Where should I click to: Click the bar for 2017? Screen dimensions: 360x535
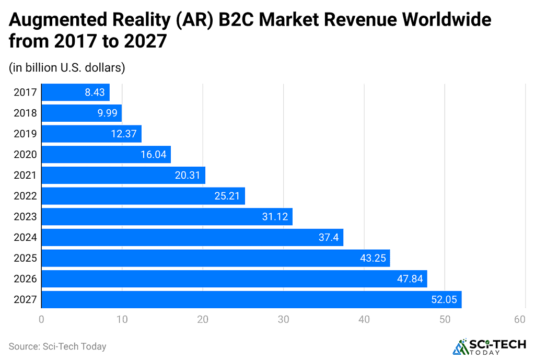(x=75, y=92)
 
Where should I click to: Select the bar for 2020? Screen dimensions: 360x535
(x=106, y=155)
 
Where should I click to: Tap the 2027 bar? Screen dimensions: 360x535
(x=251, y=299)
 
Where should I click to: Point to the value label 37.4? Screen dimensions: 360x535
(x=329, y=238)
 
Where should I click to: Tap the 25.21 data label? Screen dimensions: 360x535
(x=227, y=196)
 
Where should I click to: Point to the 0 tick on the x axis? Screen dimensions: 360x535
(x=41, y=319)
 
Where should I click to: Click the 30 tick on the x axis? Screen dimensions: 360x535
(x=283, y=319)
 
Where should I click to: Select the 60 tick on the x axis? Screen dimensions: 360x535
(x=519, y=319)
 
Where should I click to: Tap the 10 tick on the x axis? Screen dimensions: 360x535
(x=122, y=319)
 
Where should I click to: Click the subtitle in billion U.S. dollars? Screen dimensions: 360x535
(x=66, y=67)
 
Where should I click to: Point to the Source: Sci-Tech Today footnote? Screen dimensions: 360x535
(x=57, y=346)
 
